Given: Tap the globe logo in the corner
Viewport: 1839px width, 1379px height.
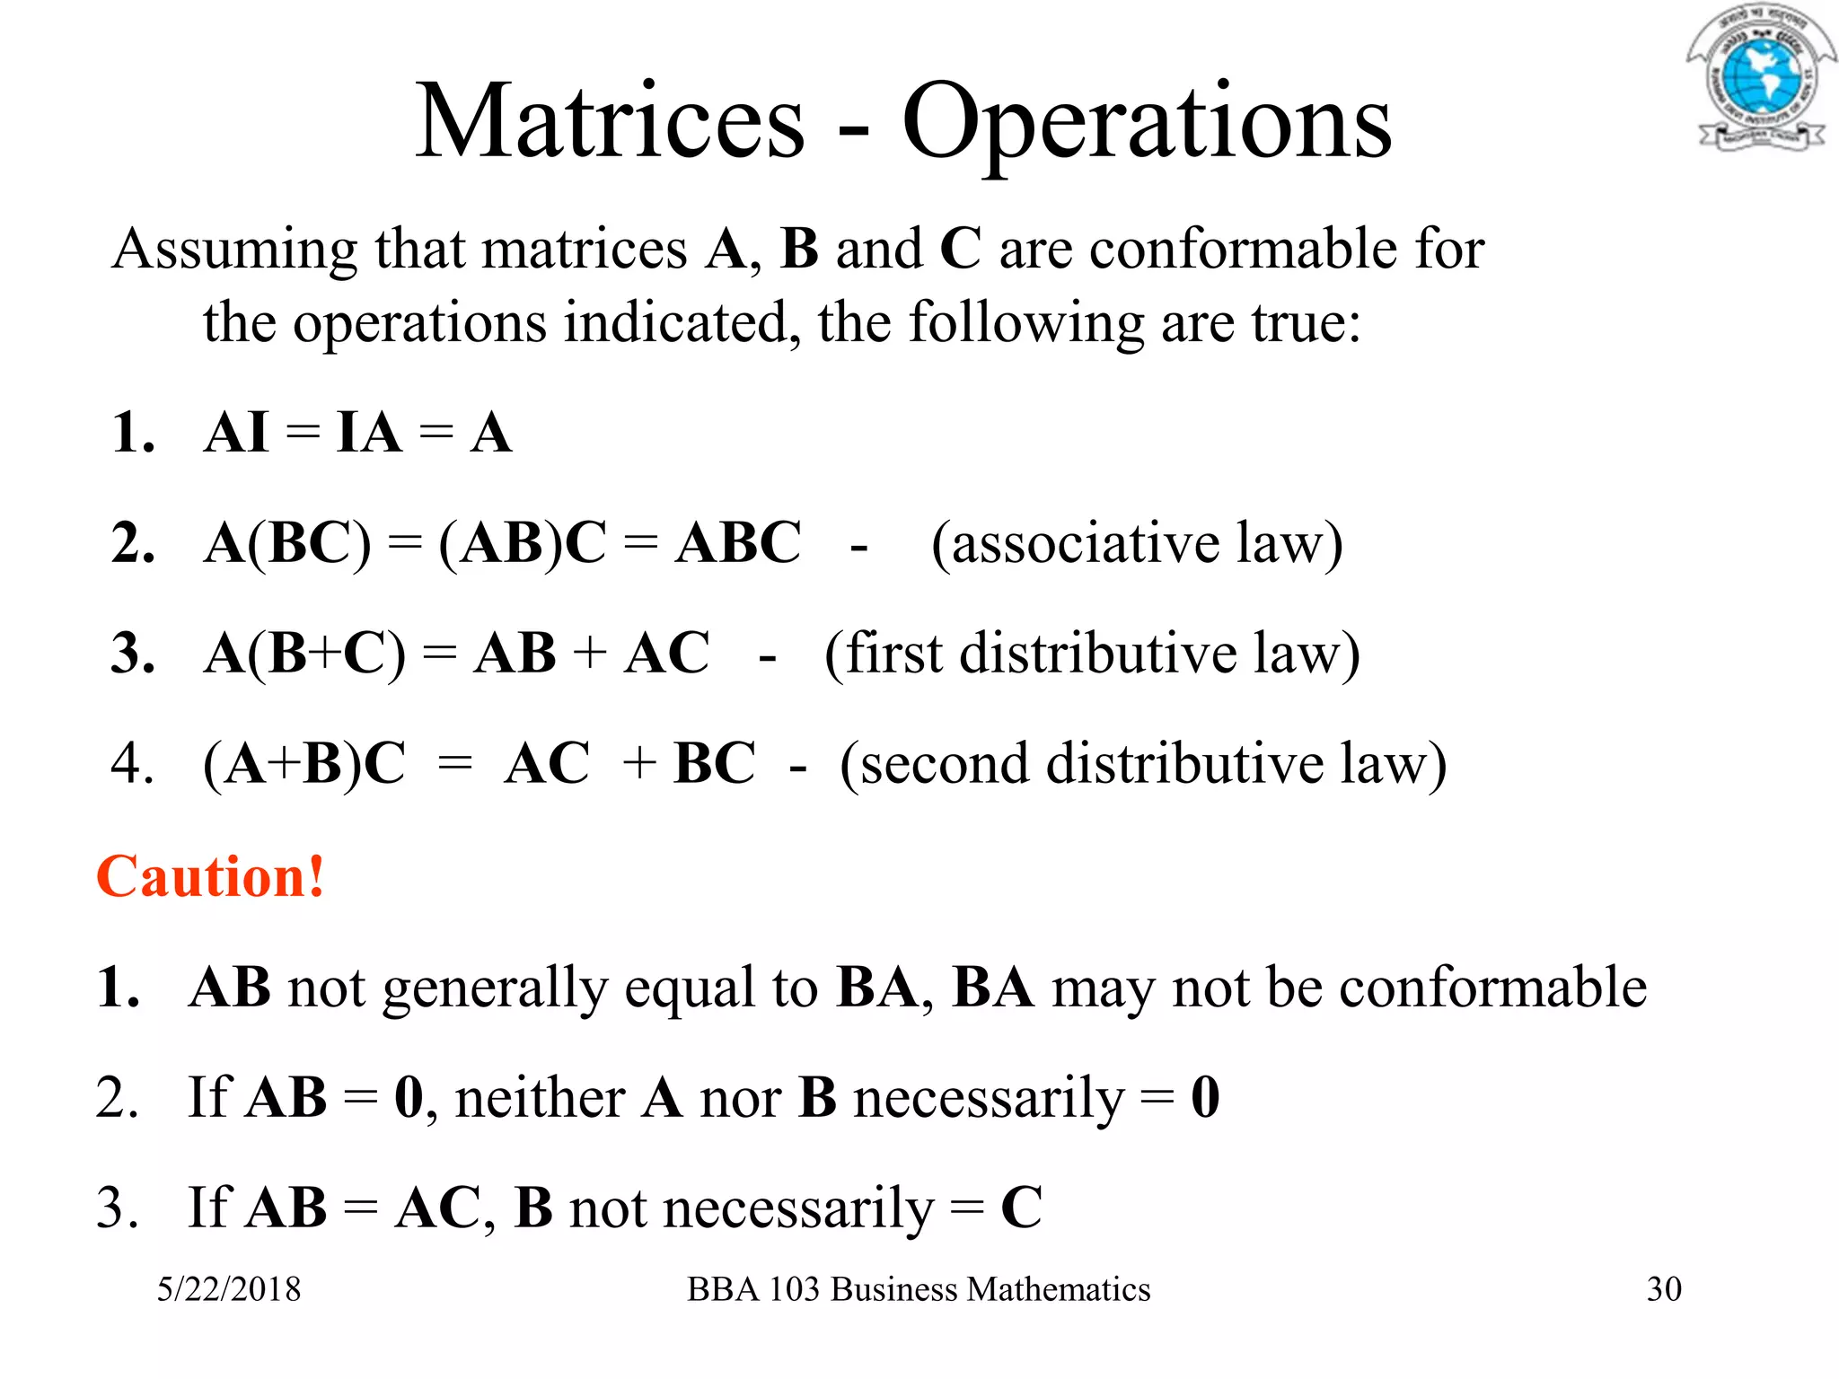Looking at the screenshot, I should (x=1756, y=79).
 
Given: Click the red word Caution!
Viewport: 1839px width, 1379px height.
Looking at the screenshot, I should (x=210, y=876).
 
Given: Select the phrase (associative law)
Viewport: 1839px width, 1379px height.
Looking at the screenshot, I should (x=1137, y=543).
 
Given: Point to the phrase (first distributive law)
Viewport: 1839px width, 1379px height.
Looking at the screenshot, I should (x=1092, y=654).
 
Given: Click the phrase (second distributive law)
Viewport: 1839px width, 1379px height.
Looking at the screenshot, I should (x=1143, y=764).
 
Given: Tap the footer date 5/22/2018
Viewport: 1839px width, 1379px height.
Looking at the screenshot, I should (x=229, y=1289).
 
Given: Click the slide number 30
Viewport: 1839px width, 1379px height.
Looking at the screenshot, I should (x=1664, y=1289).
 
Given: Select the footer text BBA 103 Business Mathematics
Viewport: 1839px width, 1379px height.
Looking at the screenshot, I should (x=919, y=1289).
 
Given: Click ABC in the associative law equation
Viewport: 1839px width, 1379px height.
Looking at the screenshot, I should (x=738, y=543).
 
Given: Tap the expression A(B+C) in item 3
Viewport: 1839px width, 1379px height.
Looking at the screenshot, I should (x=304, y=654).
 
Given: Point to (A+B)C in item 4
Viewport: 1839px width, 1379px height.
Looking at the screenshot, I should (x=304, y=764).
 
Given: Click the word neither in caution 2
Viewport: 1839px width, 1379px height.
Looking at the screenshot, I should (x=541, y=1098).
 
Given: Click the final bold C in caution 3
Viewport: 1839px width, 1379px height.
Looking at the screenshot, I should (x=1021, y=1208).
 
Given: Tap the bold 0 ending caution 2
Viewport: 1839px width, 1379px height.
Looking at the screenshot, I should (x=1205, y=1097).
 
